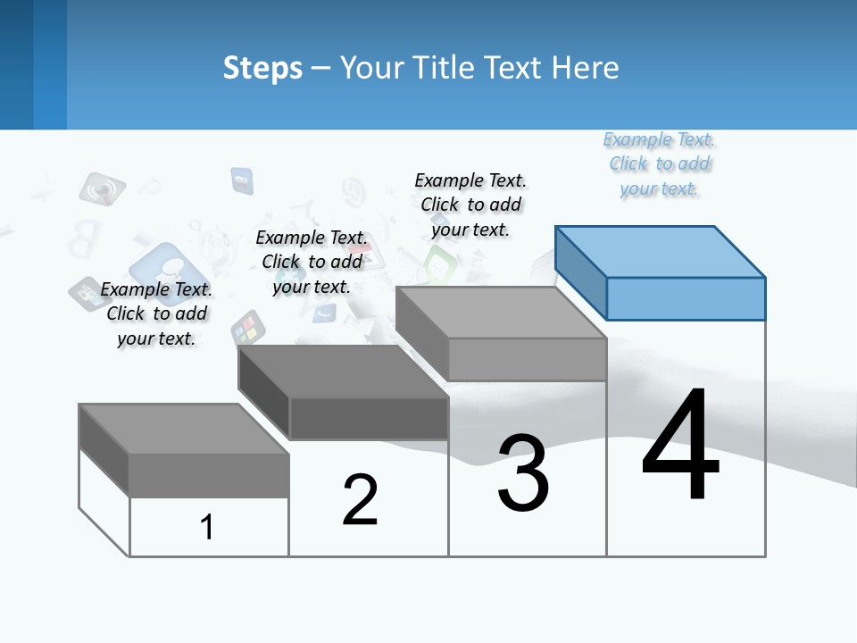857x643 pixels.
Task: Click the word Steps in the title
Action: [262, 68]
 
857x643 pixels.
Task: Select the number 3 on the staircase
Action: [523, 472]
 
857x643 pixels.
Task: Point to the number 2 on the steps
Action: [360, 499]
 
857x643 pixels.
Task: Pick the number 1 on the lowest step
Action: [207, 527]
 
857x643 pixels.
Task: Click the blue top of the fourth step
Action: [661, 251]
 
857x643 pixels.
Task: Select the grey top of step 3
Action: [500, 312]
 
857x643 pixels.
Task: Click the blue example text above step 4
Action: [660, 164]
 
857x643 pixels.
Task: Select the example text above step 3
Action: [470, 205]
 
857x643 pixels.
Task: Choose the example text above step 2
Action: [312, 262]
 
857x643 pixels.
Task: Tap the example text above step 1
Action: [156, 313]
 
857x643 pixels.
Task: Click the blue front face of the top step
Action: [686, 298]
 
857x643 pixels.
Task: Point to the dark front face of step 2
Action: [369, 418]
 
